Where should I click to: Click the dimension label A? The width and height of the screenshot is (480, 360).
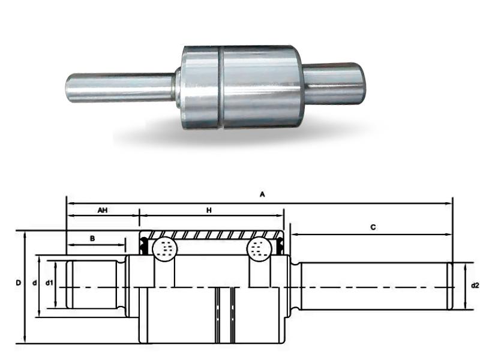[x=262, y=194]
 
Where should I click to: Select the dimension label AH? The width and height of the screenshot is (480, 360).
[x=103, y=211]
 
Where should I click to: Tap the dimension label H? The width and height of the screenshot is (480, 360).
[x=209, y=211]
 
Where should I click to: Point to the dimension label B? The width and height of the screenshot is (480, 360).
[x=92, y=238]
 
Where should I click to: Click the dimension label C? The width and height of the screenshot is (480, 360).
[x=373, y=227]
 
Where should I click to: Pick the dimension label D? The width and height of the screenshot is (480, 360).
[x=19, y=282]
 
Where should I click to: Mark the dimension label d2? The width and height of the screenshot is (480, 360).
[x=475, y=286]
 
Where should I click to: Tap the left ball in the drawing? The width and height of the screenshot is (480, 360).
[x=164, y=248]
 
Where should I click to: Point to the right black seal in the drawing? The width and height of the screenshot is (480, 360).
[x=279, y=244]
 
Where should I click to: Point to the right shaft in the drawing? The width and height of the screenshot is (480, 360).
[x=372, y=286]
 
